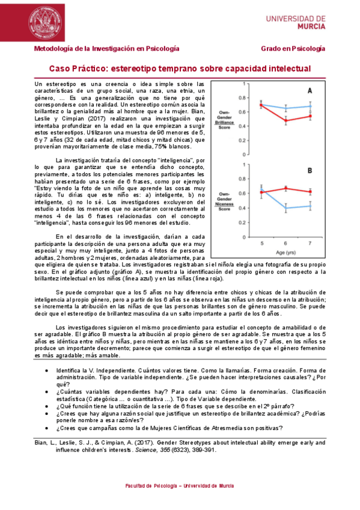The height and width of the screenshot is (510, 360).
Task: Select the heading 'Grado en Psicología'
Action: click(x=293, y=48)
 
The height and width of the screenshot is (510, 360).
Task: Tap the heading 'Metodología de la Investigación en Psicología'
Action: click(x=106, y=48)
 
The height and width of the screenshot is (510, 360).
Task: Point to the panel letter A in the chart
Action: click(x=310, y=91)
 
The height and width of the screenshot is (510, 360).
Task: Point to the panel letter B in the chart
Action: click(x=310, y=171)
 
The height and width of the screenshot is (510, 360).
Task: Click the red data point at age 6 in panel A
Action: click(x=285, y=120)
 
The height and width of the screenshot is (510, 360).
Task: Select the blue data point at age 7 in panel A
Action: click(x=310, y=106)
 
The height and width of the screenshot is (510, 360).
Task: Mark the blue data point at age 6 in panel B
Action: click(x=285, y=208)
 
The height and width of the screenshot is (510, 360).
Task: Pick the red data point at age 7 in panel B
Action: click(x=310, y=192)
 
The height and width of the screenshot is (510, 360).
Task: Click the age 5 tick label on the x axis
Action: click(x=261, y=243)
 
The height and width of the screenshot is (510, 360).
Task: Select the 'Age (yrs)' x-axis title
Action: click(x=285, y=252)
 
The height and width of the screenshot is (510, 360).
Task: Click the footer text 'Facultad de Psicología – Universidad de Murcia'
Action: click(x=180, y=485)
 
